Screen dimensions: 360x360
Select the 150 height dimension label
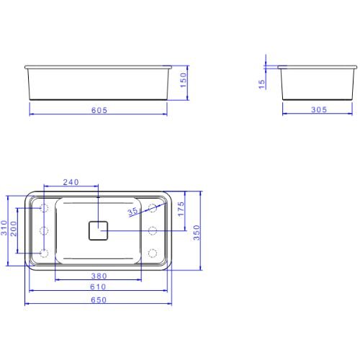tap(183, 78)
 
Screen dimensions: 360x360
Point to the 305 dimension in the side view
tap(317, 109)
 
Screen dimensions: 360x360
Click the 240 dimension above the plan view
tap(71, 182)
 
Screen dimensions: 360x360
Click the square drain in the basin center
tap(98, 230)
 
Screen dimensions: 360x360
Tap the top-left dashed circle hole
tap(44, 208)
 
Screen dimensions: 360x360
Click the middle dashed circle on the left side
tap(44, 230)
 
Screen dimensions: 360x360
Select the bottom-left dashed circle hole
tap(44, 253)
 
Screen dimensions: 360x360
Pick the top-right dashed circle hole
tap(153, 208)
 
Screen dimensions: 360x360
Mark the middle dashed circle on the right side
tap(153, 230)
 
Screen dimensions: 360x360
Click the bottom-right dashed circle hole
tap(153, 253)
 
